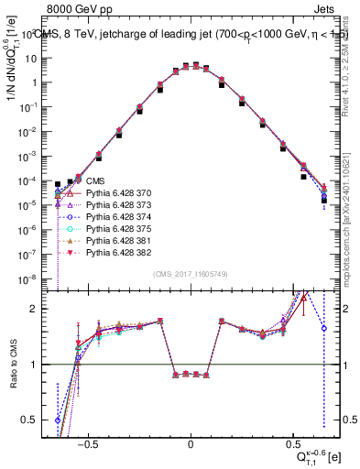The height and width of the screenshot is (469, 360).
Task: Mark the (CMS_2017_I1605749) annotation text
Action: tap(191, 274)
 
